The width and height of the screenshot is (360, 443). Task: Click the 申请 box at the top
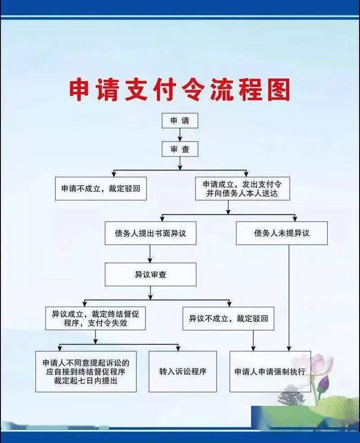tap(180, 121)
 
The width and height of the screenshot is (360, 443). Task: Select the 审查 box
tap(180, 149)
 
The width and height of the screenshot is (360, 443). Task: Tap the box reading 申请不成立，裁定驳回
tap(101, 188)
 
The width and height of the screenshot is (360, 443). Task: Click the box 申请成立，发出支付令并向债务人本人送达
tap(243, 188)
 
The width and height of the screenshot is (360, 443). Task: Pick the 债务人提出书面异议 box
tap(150, 233)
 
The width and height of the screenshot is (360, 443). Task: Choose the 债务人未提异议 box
tap(282, 233)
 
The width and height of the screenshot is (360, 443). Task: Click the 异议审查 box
tap(150, 274)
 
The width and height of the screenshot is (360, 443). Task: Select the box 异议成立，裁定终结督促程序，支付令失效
tap(95, 318)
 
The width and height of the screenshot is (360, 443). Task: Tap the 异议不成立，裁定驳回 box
tap(228, 318)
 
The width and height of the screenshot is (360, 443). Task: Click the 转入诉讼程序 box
tap(182, 372)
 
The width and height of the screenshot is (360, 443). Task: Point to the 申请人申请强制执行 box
tap(270, 372)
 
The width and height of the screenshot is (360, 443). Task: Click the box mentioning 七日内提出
tap(86, 372)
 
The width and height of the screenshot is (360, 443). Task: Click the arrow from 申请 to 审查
tap(180, 135)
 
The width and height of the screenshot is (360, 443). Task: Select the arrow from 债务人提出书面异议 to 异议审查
tap(150, 254)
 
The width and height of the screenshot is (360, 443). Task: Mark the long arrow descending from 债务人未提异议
tap(289, 298)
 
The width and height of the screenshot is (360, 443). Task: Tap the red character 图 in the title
tap(279, 90)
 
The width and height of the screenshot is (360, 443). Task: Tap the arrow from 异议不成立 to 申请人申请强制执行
tap(253, 340)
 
